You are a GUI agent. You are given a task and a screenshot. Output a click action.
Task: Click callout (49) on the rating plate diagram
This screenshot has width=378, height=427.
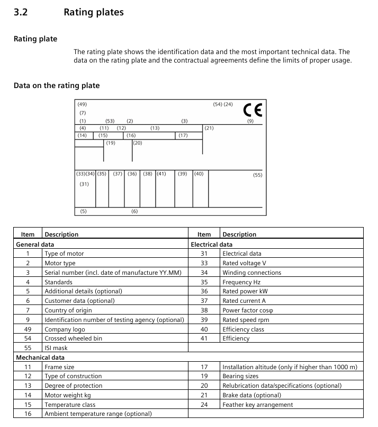tap(82, 104)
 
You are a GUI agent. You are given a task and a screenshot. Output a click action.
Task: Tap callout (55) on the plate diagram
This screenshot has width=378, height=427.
tap(257, 175)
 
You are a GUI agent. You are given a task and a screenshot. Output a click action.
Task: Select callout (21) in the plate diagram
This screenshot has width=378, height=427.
tap(209, 128)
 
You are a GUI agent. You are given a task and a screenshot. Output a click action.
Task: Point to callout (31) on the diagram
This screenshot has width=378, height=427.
tap(84, 184)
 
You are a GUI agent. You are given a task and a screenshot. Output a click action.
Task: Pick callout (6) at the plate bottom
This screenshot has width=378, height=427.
tap(134, 211)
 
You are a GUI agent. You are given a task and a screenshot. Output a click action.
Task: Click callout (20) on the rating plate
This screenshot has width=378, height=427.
tap(137, 143)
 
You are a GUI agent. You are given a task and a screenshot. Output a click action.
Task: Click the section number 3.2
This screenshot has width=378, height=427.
tap(21, 12)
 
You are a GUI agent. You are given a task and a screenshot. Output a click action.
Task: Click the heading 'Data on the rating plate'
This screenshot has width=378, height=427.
tap(57, 85)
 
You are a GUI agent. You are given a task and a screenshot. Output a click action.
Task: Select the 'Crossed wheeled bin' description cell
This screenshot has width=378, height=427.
tap(73, 338)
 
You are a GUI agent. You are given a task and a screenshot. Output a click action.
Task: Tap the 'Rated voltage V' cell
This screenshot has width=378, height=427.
tap(244, 263)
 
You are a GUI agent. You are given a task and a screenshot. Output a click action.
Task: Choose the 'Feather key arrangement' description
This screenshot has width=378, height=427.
tap(257, 405)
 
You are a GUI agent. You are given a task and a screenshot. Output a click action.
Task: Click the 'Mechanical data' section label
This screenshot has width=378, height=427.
tap(37, 358)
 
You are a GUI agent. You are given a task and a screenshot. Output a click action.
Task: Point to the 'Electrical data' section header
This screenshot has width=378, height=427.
tap(211, 245)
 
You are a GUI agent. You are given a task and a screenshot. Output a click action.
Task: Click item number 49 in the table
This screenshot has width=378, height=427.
tap(28, 329)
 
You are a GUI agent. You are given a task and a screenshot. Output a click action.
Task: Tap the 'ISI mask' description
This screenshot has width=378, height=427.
tap(56, 348)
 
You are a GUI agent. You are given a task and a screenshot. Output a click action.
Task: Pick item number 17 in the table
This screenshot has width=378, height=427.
tap(204, 367)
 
